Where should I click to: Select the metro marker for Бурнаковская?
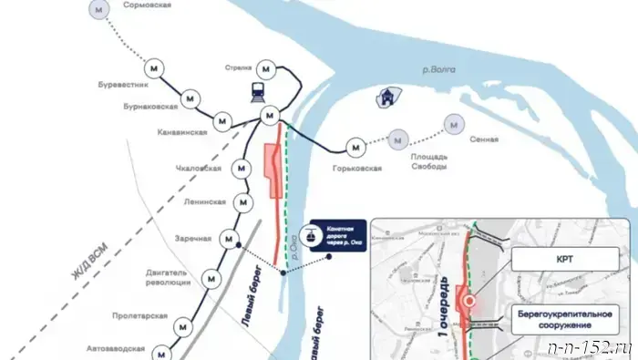pos(190,95)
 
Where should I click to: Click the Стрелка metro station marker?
pos(265,68)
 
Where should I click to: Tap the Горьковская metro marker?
pos(356,145)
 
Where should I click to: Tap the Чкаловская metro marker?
pos(242,169)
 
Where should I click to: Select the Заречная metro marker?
pos(229,239)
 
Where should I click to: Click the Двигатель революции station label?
pos(167,277)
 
